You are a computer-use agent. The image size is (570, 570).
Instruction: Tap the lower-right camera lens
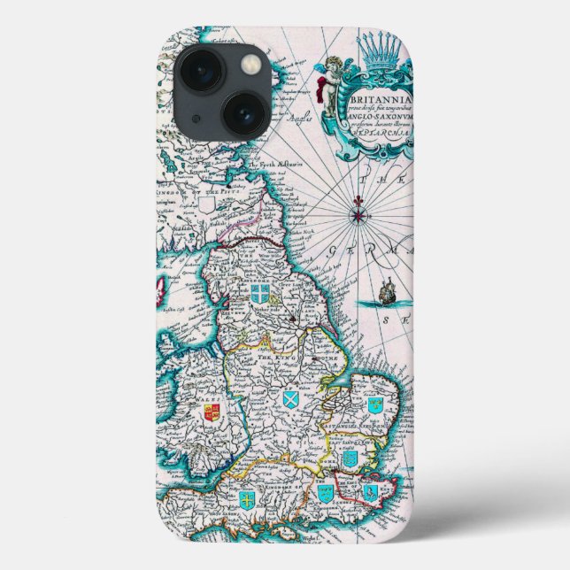pos(244,113)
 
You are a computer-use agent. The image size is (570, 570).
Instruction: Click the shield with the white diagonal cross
pos(289,400)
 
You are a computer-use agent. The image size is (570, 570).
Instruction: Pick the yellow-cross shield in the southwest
pos(246,500)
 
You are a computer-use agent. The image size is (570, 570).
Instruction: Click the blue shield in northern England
pos(259,295)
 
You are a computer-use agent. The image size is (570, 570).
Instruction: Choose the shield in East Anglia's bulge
pos(374,404)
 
